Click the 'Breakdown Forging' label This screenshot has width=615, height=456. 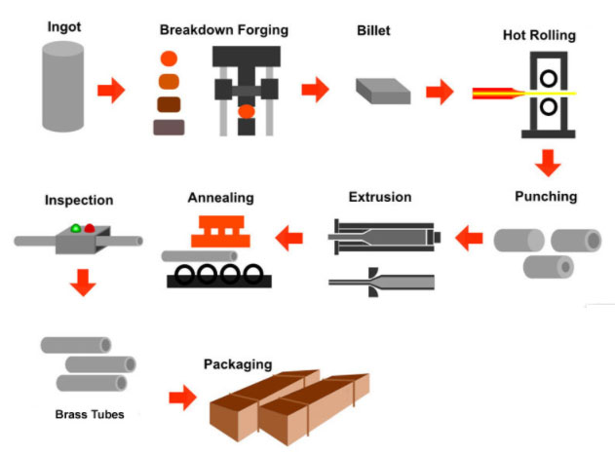(224, 30)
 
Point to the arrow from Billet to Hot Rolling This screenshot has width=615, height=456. (441, 93)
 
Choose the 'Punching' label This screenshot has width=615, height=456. (546, 196)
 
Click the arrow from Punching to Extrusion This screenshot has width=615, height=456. (470, 235)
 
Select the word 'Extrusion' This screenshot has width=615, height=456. (380, 197)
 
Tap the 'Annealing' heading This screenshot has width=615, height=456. (221, 198)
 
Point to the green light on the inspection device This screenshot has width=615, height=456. (74, 229)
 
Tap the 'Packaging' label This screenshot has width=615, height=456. (238, 364)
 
